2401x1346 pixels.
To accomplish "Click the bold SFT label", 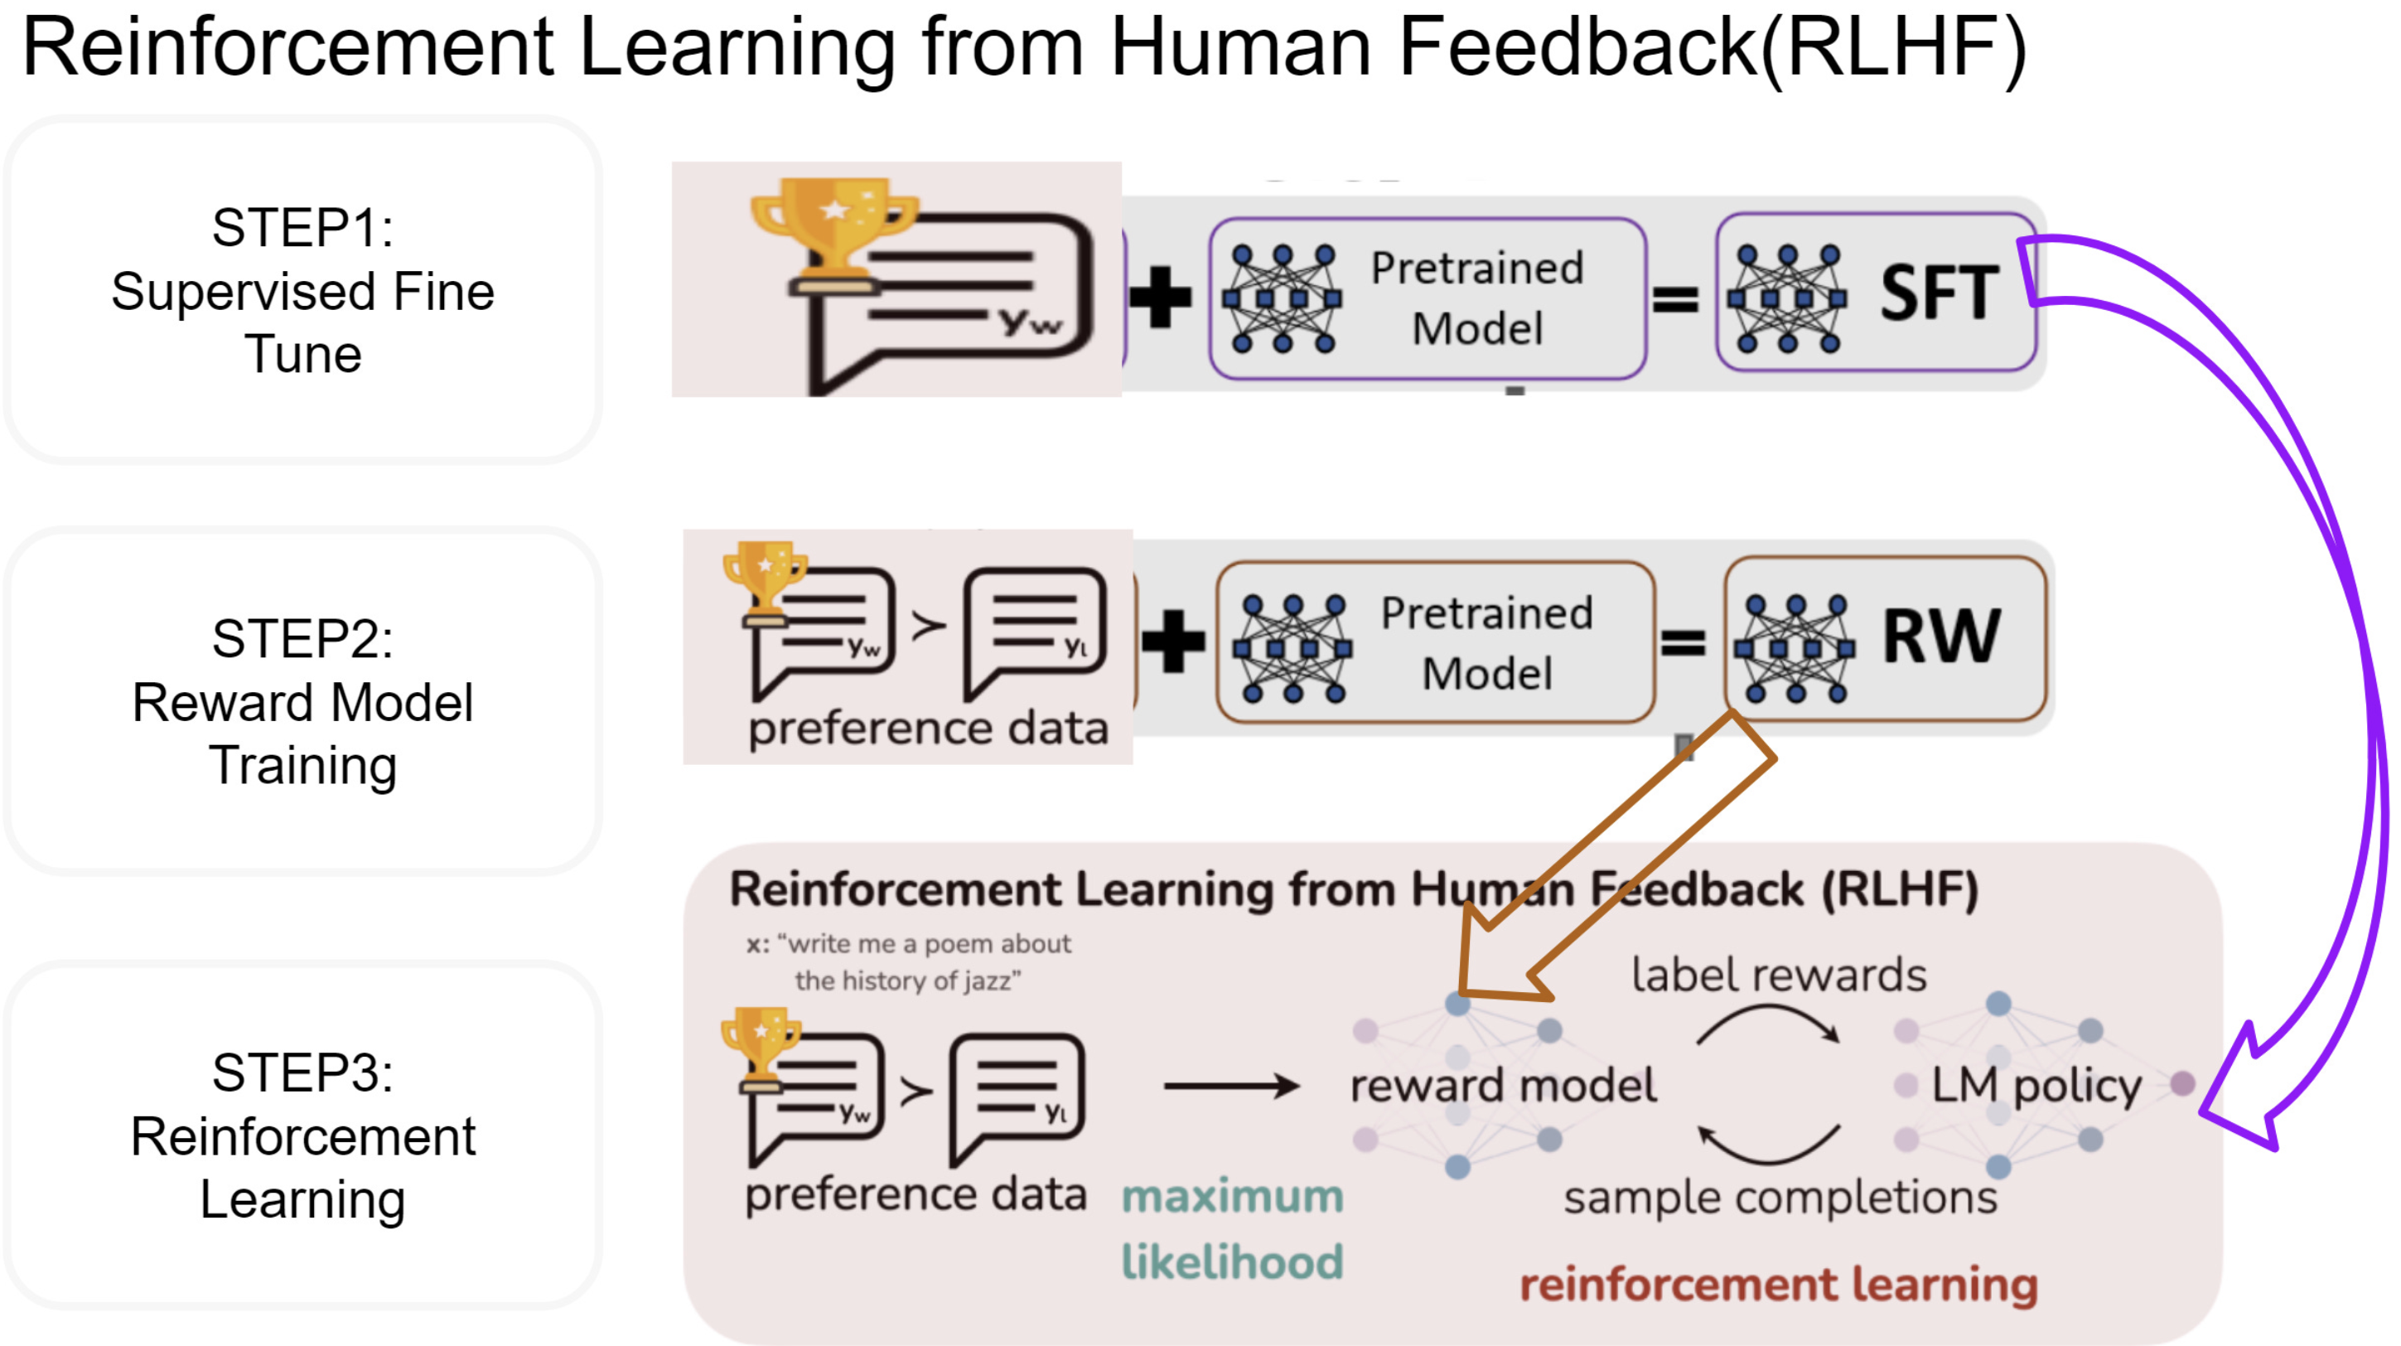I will [1939, 293].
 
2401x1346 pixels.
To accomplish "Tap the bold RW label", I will [1940, 637].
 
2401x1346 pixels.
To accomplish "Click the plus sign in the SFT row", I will [1160, 298].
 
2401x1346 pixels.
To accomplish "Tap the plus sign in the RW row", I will [1172, 642].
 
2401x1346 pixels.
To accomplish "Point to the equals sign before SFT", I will [1675, 299].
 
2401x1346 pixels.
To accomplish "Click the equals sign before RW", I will [1683, 642].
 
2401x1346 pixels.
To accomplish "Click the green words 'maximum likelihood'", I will [1231, 1228].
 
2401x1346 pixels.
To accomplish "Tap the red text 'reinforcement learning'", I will [1777, 1285].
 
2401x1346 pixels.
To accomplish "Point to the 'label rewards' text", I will [1777, 975].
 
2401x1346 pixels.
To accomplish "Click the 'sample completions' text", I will [1780, 1197].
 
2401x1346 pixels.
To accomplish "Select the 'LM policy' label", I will [2036, 1085].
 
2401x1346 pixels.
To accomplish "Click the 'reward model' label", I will [1503, 1085].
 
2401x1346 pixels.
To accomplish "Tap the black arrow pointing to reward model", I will [1230, 1085].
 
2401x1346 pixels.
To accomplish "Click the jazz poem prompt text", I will [908, 962].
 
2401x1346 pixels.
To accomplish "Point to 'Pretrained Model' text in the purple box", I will [1477, 298].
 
